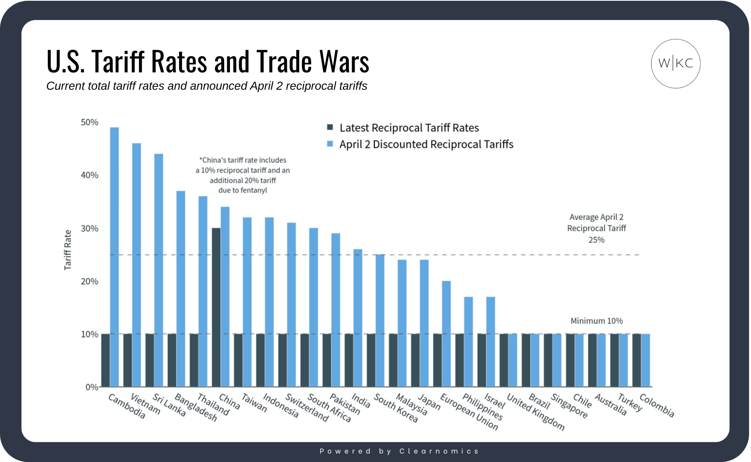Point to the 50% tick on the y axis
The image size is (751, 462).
pos(89,122)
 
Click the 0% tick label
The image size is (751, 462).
pos(92,387)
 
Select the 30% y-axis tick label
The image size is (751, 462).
pos(89,228)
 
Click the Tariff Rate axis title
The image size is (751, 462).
pos(68,250)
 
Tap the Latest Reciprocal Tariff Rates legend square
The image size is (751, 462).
pos(330,127)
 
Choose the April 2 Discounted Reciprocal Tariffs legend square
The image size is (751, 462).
pos(330,144)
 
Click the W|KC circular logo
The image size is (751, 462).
pos(676,64)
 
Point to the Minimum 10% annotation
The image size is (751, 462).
pos(597,321)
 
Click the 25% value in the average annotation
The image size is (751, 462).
pos(597,240)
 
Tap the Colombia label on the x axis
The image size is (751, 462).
pos(657,405)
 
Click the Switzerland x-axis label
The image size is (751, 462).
pos(307,408)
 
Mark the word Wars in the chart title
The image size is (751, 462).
pos(344,62)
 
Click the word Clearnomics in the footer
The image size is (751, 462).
pos(439,451)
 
